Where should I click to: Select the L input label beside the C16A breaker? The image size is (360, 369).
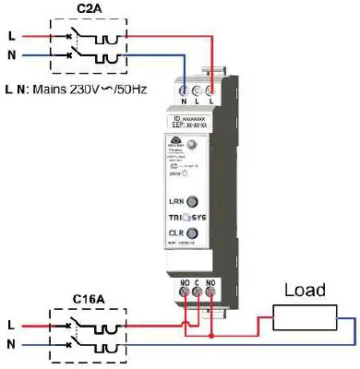10,326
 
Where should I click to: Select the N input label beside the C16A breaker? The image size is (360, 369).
10,344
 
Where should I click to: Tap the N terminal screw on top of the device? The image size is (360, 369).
183,91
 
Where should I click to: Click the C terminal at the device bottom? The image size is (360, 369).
197,295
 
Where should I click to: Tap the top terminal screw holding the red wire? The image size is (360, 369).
212,91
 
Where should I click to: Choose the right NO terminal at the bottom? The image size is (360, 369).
212,295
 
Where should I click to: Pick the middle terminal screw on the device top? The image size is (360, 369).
198,91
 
